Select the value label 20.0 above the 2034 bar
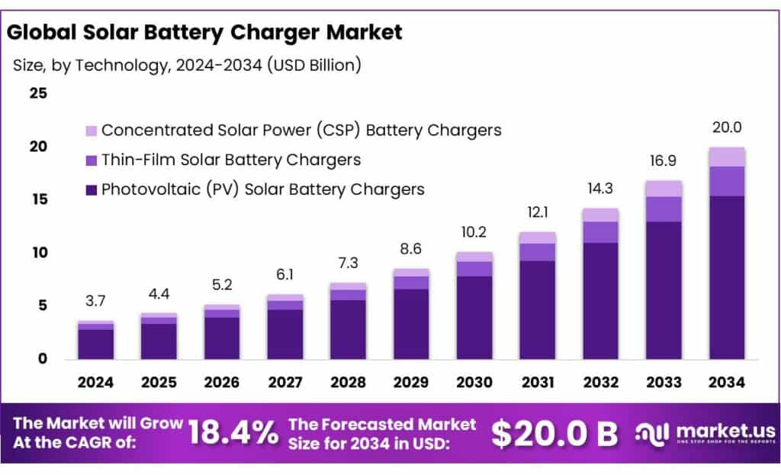[x=727, y=128]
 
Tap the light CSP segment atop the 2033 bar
[x=664, y=189]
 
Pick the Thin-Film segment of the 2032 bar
[x=600, y=232]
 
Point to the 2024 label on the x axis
[x=95, y=382]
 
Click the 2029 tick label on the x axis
[x=411, y=382]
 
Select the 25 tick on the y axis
[x=38, y=93]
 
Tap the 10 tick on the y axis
[x=38, y=252]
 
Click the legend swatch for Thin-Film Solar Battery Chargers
[x=91, y=160]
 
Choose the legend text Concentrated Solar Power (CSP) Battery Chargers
[x=301, y=130]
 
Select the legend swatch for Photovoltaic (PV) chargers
[x=91, y=189]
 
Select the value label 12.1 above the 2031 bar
[x=538, y=212]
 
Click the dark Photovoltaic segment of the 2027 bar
[x=284, y=334]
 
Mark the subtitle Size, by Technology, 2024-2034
[x=187, y=66]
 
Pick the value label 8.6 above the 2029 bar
[x=411, y=249]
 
